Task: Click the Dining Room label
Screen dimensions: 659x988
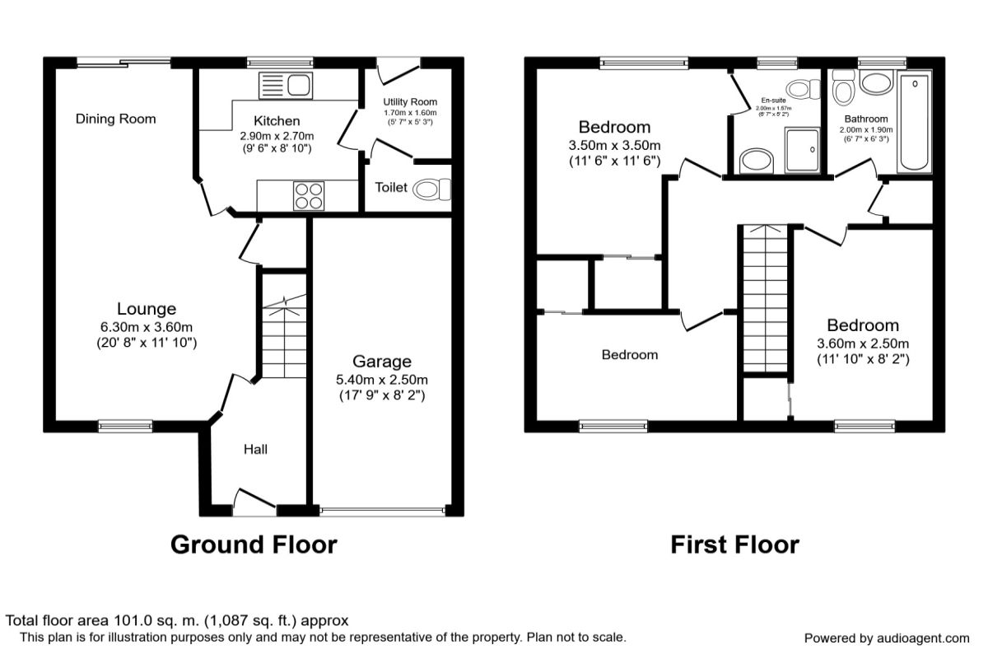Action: (x=115, y=119)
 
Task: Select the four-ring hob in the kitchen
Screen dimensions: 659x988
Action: (x=309, y=195)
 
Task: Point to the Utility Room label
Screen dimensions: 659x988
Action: (x=409, y=101)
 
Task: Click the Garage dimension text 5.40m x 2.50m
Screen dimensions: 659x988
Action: (x=381, y=380)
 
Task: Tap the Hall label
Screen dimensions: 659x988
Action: (x=255, y=449)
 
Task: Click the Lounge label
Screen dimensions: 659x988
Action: (x=147, y=309)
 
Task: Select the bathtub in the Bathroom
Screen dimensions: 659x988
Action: (x=915, y=122)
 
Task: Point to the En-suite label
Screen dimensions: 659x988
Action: (x=773, y=100)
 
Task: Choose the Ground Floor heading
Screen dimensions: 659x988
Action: (x=254, y=544)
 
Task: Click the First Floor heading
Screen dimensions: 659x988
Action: (x=734, y=544)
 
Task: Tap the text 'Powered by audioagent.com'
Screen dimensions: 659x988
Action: (x=887, y=638)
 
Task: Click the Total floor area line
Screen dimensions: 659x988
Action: (x=177, y=620)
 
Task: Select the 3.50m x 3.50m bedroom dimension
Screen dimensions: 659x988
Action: (x=614, y=145)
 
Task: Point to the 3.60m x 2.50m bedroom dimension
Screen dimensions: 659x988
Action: (x=863, y=344)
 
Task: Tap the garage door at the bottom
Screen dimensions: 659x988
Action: (x=383, y=511)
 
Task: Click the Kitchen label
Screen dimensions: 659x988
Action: (x=277, y=121)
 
